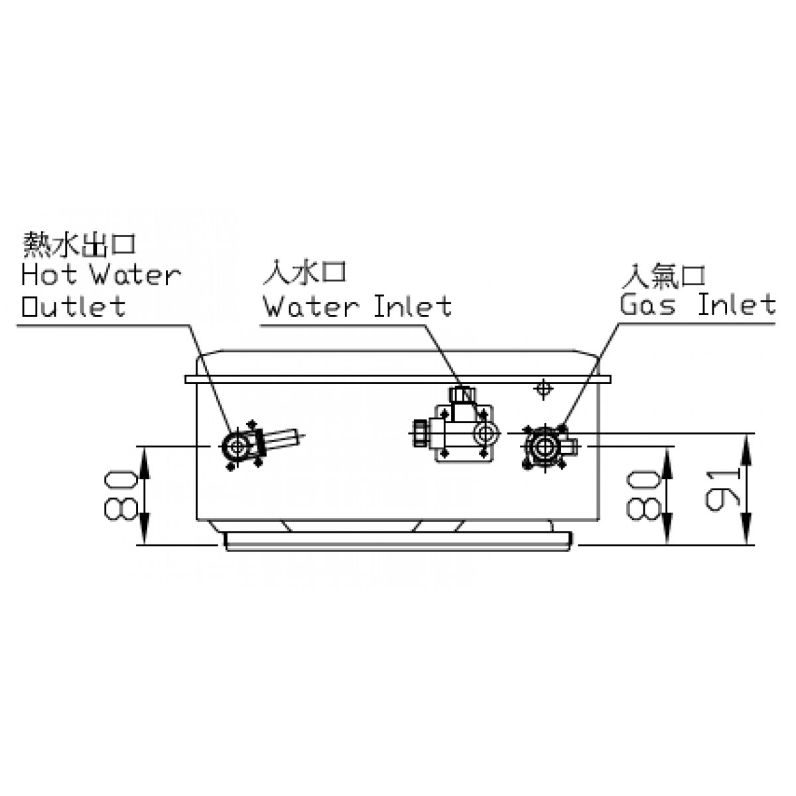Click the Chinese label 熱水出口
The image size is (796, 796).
[79, 243]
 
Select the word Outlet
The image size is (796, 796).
[73, 306]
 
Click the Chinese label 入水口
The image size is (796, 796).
[304, 273]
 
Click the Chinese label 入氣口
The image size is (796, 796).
[663, 275]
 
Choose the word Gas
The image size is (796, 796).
[647, 305]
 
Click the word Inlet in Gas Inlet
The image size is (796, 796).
[736, 304]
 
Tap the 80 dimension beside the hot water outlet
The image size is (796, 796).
[121, 495]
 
